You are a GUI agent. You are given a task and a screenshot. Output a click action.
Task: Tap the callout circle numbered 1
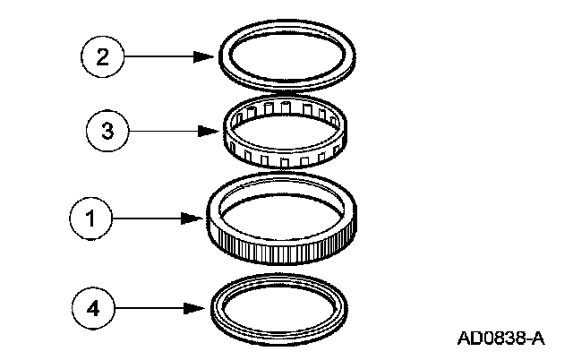89,217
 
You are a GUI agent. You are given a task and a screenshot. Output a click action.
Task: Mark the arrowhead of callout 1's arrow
201,217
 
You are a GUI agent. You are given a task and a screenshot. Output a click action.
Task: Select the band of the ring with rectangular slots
269,154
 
